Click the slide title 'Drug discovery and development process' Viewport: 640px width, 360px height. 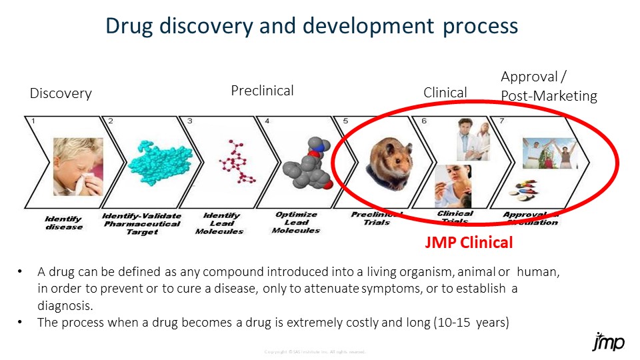click(312, 26)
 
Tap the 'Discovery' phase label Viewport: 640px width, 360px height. click(61, 93)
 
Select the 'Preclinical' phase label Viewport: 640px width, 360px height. click(262, 90)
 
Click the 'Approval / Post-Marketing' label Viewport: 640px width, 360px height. click(548, 86)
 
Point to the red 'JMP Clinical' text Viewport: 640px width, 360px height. click(469, 243)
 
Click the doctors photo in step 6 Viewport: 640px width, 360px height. click(472, 139)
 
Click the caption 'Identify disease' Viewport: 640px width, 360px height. click(64, 223)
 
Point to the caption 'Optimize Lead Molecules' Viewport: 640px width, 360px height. click(296, 223)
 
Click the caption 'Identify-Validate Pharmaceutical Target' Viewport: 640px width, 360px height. click(141, 223)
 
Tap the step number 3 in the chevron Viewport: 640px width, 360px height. click(190, 121)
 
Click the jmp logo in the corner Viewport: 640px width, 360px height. click(608, 341)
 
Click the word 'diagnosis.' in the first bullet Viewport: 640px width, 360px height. click(65, 305)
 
